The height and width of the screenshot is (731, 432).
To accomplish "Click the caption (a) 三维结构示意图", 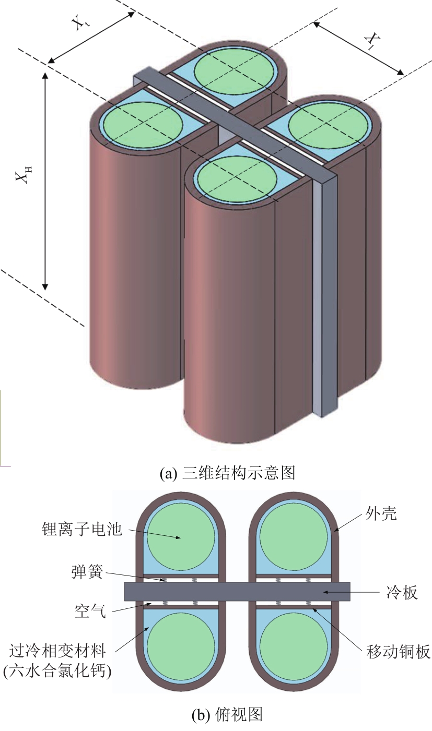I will click(227, 473).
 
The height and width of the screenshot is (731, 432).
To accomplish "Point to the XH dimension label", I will click(22, 173).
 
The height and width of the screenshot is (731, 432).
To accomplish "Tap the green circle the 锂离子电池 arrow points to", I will click(181, 537).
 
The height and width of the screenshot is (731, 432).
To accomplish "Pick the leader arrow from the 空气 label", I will click(131, 608).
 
